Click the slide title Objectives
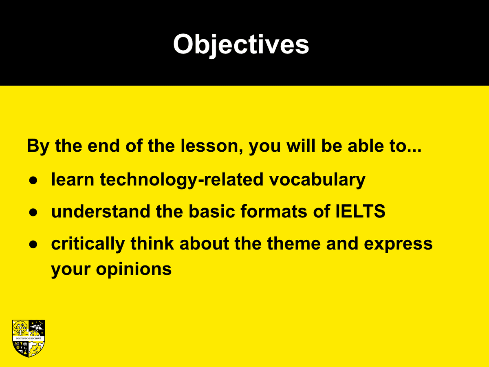tap(241, 44)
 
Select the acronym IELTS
tap(360, 211)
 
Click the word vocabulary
tap(317, 180)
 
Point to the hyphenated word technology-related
tap(182, 180)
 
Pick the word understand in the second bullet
tap(101, 211)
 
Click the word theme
tap(294, 243)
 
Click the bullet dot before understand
tap(33, 212)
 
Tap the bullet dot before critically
tap(33, 244)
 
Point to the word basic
tap(212, 211)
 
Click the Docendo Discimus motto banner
tap(29, 338)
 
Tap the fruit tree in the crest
tap(20, 328)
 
